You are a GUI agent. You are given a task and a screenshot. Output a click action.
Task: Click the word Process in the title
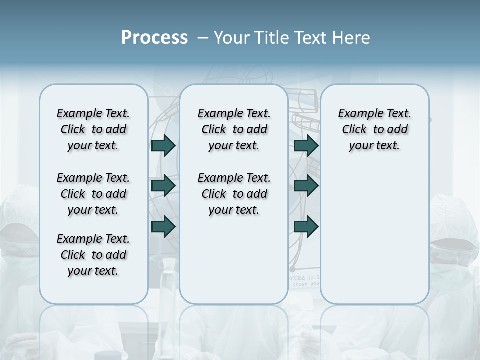154,38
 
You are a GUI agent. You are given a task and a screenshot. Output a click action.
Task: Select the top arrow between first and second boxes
163,145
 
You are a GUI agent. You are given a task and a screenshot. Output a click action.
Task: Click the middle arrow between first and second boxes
163,186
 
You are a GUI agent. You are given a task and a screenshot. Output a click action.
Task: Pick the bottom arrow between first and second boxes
163,227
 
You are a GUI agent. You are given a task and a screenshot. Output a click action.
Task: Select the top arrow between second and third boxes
306,145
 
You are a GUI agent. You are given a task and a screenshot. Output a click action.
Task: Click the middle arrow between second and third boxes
306,186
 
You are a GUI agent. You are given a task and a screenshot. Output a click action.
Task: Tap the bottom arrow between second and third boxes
306,227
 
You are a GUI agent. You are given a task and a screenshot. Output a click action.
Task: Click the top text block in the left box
93,129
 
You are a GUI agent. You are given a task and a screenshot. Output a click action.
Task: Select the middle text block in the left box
93,194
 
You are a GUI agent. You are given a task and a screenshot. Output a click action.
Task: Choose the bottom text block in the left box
93,255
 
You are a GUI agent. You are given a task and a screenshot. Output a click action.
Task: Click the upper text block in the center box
234,129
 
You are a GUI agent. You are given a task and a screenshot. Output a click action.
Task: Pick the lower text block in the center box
234,194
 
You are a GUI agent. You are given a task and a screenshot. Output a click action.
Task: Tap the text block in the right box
374,129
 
